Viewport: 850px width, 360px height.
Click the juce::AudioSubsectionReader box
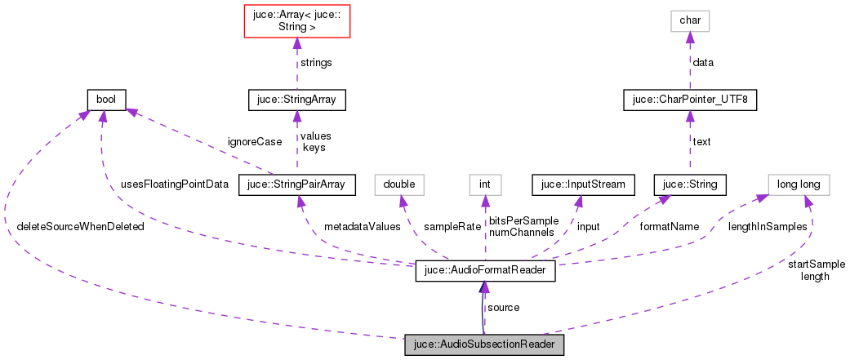coord(484,344)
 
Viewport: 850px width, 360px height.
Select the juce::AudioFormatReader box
coord(485,271)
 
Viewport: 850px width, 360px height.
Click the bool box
coord(106,100)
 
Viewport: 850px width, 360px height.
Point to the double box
coord(399,184)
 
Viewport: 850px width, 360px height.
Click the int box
coord(484,184)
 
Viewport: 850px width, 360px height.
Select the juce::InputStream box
coord(583,184)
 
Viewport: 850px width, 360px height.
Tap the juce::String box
coord(690,184)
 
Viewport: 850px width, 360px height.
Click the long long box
coord(799,184)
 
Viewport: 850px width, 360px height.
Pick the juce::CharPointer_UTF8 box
coord(690,100)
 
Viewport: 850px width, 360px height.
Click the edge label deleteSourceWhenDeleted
coord(79,226)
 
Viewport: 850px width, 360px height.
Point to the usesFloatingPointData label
coord(174,184)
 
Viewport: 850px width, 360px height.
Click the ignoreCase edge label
coord(256,141)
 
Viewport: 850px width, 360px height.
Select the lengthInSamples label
coord(768,226)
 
